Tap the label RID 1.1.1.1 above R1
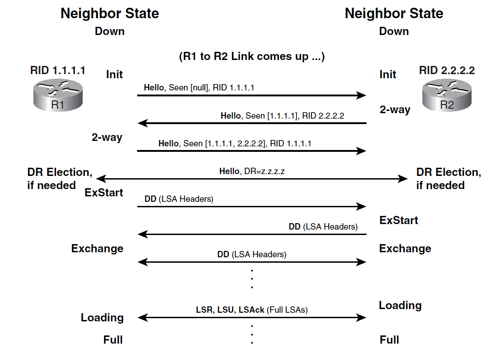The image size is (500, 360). (x=58, y=70)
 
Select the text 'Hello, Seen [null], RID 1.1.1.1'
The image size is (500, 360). (x=199, y=88)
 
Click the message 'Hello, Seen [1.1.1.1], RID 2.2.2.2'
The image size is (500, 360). (x=282, y=115)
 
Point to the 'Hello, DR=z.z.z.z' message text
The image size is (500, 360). (x=252, y=171)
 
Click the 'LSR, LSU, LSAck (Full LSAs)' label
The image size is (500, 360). (x=252, y=310)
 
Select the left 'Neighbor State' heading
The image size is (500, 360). (x=110, y=13)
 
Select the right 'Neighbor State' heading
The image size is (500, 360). (x=394, y=13)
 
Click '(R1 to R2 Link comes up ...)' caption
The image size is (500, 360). (x=252, y=57)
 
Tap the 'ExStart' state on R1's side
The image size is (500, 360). (x=104, y=192)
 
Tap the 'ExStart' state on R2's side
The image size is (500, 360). (x=399, y=220)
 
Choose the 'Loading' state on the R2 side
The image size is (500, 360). (x=400, y=305)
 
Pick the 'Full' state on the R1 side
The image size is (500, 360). (x=113, y=340)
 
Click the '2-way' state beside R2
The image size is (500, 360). (x=395, y=110)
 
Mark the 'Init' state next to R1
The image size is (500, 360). (x=114, y=74)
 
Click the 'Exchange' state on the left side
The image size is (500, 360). (x=97, y=249)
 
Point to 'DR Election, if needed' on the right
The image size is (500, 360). (x=449, y=179)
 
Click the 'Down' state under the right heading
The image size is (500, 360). (x=394, y=31)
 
